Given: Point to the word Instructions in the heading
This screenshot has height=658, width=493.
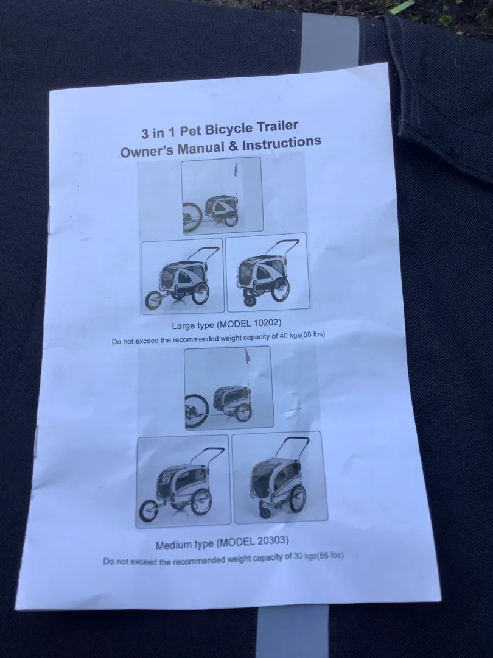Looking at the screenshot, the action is [x=282, y=143].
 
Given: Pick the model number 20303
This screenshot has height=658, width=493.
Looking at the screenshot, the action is [x=273, y=541].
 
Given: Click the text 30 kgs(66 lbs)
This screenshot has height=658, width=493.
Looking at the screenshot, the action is [x=318, y=556].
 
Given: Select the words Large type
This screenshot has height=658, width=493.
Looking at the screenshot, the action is [x=194, y=325].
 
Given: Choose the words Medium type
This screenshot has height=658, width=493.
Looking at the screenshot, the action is [x=185, y=545].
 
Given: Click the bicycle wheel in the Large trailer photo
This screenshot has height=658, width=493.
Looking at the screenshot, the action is [x=192, y=218].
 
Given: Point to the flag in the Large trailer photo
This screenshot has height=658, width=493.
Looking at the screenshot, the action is [x=236, y=169].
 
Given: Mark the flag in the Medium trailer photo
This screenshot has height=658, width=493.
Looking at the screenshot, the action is [x=248, y=358].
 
